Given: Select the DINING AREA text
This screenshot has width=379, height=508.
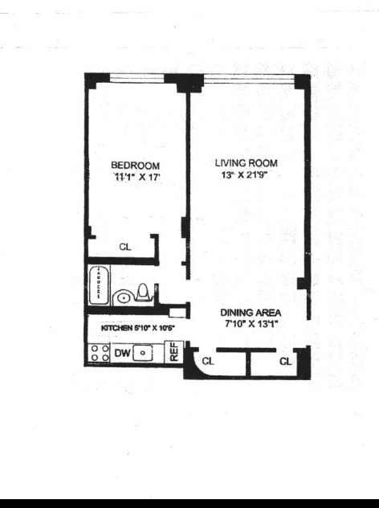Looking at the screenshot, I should click(x=251, y=313).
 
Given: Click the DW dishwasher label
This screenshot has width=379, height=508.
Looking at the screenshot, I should click(x=122, y=352).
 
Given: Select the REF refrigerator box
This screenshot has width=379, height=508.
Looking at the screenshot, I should click(x=173, y=351).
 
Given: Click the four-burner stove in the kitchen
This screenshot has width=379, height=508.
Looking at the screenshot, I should click(x=100, y=352).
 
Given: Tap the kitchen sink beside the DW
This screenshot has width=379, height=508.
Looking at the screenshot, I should click(x=143, y=352).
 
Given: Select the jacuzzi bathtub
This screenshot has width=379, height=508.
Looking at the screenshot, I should click(x=98, y=285).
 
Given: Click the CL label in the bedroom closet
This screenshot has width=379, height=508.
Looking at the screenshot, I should click(x=124, y=248).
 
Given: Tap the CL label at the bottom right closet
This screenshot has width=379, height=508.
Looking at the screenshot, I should click(x=285, y=362).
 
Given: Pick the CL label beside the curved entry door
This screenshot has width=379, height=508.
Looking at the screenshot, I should click(x=208, y=362).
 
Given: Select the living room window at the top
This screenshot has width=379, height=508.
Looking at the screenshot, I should click(x=249, y=77).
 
